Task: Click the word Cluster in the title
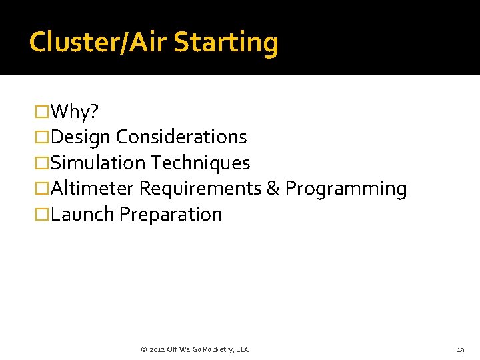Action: pyautogui.click(x=71, y=42)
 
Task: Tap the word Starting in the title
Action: pyautogui.click(x=225, y=42)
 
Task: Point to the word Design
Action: pyautogui.click(x=81, y=137)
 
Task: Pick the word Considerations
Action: pyautogui.click(x=181, y=137)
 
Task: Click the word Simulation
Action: pyautogui.click(x=98, y=163)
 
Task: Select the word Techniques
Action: pyautogui.click(x=201, y=163)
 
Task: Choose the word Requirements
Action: pyautogui.click(x=200, y=189)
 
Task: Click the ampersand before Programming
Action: pyautogui.click(x=273, y=189)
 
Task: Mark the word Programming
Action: pyautogui.click(x=346, y=189)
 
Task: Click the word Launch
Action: pyautogui.click(x=83, y=215)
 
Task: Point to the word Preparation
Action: pyautogui.click(x=171, y=215)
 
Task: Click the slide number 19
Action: pyautogui.click(x=460, y=349)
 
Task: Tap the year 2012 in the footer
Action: pyautogui.click(x=157, y=349)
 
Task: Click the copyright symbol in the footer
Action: pyautogui.click(x=143, y=349)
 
